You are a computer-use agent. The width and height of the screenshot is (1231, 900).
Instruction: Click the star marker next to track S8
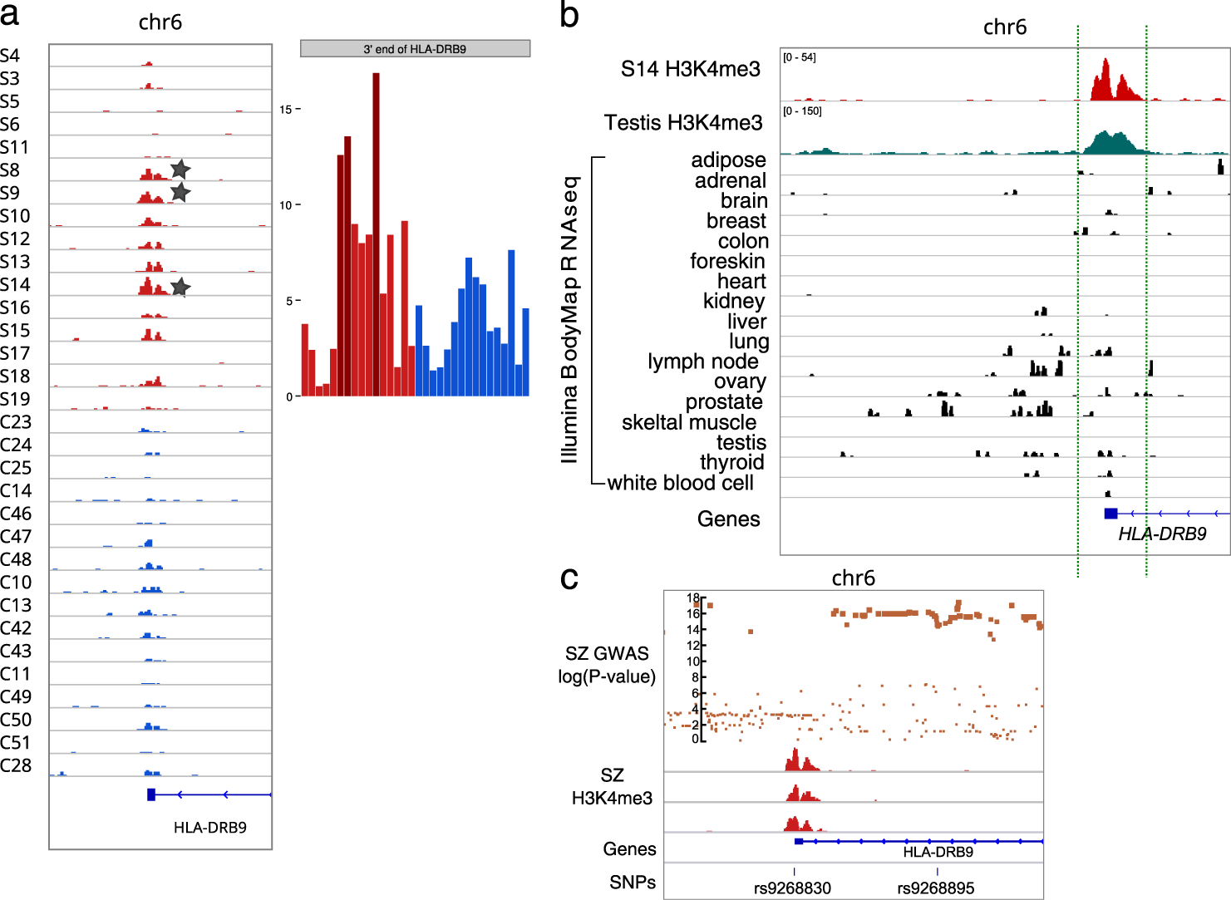[180, 170]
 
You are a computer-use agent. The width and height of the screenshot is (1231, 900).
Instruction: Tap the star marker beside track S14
[180, 288]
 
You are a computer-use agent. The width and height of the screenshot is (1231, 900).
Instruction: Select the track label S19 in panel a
[15, 399]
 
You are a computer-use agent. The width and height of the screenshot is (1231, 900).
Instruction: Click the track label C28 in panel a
[16, 765]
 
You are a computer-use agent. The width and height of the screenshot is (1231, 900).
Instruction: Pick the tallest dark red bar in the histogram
[376, 233]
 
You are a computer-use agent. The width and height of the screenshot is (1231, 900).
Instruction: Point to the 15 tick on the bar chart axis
[286, 110]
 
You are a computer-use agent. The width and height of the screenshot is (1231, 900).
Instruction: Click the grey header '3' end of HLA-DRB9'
[415, 49]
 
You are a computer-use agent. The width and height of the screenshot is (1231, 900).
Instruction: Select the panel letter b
[569, 16]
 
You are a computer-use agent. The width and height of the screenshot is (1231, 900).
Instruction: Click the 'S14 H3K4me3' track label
[690, 69]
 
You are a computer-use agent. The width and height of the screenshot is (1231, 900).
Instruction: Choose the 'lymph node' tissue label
[702, 361]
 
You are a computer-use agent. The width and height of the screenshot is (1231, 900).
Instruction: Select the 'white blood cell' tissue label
[680, 483]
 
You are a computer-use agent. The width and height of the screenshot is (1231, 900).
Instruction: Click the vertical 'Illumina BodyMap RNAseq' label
[569, 320]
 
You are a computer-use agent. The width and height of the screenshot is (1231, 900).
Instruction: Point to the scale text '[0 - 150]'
[802, 111]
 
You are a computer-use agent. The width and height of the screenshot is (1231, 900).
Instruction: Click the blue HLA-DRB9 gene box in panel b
[1110, 514]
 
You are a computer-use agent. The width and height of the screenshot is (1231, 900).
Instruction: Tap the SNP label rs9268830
[792, 888]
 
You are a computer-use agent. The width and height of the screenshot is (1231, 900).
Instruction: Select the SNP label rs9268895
[935, 888]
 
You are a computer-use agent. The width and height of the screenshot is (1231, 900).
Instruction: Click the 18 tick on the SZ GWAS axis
[693, 598]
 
